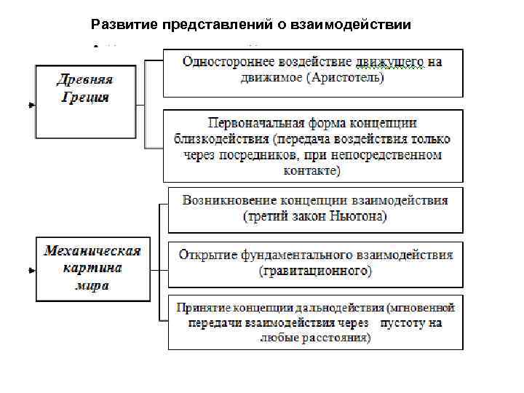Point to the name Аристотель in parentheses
pos(342,77)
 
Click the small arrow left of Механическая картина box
pos(31,271)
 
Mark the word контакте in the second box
pos(311,171)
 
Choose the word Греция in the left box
pos(85,96)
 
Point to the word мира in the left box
pos(92,285)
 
